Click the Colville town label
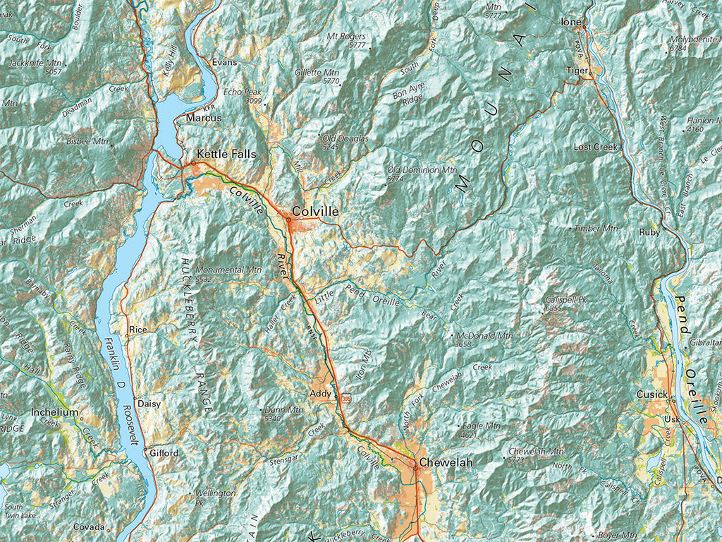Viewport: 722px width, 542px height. (x=315, y=212)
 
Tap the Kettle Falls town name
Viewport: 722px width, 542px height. (x=226, y=154)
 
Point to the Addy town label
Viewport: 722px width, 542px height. (x=321, y=393)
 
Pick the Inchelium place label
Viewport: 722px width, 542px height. (x=54, y=412)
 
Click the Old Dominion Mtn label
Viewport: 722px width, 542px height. (x=422, y=174)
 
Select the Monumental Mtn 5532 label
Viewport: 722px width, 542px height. (x=228, y=274)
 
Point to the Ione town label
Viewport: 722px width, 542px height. (x=570, y=23)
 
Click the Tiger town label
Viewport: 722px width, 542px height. (x=576, y=70)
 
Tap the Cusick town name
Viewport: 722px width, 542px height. (x=651, y=395)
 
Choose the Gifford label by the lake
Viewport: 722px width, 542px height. (x=164, y=453)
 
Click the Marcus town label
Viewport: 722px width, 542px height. (x=204, y=119)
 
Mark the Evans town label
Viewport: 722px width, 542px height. (x=225, y=62)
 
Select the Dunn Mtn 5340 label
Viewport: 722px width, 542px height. (x=283, y=414)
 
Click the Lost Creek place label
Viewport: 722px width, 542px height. (x=595, y=147)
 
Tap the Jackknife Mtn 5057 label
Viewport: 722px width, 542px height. (x=35, y=68)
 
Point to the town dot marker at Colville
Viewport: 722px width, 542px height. (x=288, y=220)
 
